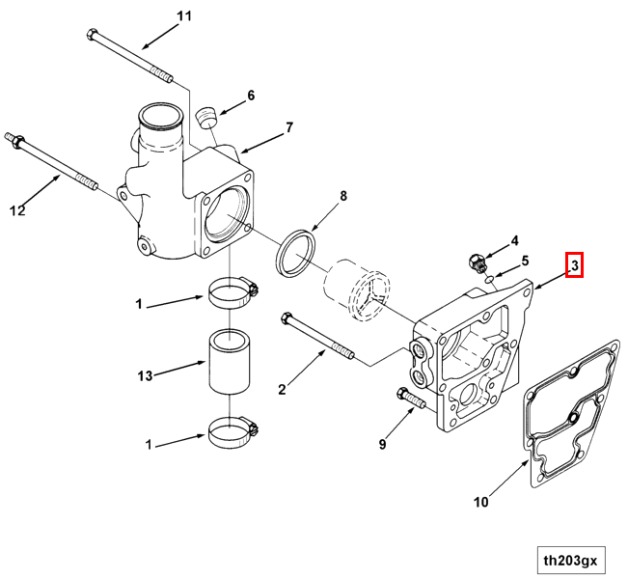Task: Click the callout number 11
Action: (184, 16)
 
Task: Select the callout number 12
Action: (17, 209)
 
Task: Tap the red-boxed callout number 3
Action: (574, 263)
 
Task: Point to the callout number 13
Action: (145, 375)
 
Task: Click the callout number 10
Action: (481, 502)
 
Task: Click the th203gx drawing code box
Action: (570, 559)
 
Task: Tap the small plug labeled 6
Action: (205, 119)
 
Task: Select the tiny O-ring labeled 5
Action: (490, 279)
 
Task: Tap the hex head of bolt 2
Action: (286, 317)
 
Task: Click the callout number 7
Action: (288, 127)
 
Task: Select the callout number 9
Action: (382, 444)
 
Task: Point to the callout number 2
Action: (282, 390)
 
